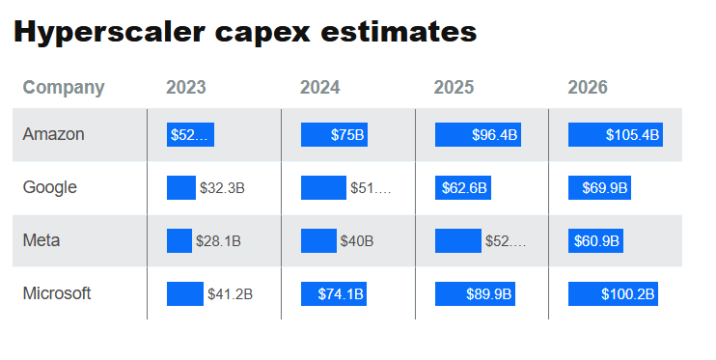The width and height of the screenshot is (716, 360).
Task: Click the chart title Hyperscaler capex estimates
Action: [x=245, y=31]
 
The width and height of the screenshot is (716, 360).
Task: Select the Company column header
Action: [x=63, y=88]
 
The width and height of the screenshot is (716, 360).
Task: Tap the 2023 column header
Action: [x=185, y=88]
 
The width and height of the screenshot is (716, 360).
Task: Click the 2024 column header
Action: [x=319, y=88]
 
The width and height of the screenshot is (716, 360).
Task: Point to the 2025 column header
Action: [x=454, y=88]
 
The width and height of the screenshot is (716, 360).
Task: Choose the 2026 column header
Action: [x=588, y=88]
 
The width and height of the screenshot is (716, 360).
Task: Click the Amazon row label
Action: [x=53, y=135]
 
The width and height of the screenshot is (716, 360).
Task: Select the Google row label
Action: [x=49, y=187]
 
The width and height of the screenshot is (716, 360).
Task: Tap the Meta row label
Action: [x=41, y=240]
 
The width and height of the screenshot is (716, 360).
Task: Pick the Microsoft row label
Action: [x=57, y=293]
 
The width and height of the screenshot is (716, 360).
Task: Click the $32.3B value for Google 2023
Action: [x=222, y=188]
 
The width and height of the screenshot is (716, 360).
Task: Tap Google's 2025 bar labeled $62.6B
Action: [x=463, y=188]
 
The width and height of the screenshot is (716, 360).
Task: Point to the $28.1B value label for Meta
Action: [x=218, y=240]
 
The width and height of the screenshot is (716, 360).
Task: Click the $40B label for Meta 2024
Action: [x=356, y=240]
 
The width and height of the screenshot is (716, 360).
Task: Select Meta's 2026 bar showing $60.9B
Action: [x=595, y=240]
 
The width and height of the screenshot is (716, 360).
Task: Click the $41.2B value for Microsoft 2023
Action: [x=230, y=293]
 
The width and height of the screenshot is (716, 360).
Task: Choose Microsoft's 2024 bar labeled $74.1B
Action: [x=335, y=293]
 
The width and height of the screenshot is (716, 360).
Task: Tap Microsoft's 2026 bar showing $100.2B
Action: [x=614, y=293]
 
